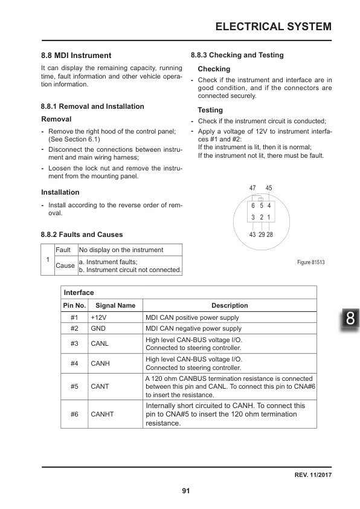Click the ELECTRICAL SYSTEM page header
coord(273,26)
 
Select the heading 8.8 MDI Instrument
coord(76,55)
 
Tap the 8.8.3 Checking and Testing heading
coord(237,55)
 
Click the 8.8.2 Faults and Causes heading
coord(82,234)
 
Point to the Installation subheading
coord(60,192)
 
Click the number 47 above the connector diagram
coord(252,189)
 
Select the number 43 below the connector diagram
coord(252,234)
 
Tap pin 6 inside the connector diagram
coord(253,206)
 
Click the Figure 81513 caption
coord(311,262)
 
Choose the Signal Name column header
coord(115,305)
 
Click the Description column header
coord(230,305)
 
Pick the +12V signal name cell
coord(98,317)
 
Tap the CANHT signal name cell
coord(102,414)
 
